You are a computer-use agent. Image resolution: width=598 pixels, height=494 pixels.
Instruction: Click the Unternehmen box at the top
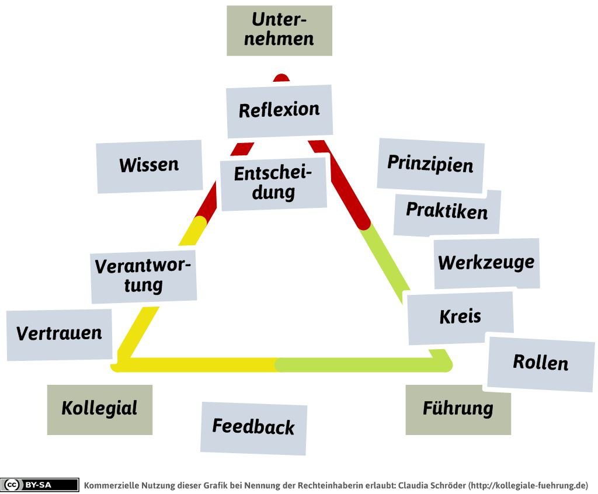[x=279, y=30]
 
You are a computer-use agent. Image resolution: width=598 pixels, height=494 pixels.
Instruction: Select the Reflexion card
[x=279, y=110]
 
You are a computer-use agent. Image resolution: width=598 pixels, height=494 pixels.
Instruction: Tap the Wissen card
[x=149, y=166]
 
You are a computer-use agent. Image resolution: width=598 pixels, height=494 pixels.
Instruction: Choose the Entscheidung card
[x=273, y=183]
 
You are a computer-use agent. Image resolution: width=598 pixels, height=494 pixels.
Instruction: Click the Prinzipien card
[x=430, y=165]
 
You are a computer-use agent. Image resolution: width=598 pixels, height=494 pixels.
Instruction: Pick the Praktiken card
[x=447, y=211]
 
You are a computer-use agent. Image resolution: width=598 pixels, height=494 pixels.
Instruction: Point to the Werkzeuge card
[x=486, y=263]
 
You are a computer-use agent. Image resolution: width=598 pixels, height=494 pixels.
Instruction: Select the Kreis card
[x=460, y=317]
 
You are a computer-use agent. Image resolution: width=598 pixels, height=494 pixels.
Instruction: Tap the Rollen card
[x=540, y=363]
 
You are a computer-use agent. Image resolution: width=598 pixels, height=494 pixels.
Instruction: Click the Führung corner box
[x=458, y=409]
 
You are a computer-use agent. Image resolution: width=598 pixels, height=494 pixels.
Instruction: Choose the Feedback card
[x=253, y=427]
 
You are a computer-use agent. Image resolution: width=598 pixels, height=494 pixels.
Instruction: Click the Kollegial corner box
[x=99, y=409]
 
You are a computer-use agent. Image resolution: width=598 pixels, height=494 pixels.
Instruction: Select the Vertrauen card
[x=59, y=334]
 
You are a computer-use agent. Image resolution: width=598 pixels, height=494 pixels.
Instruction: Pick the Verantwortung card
[x=144, y=276]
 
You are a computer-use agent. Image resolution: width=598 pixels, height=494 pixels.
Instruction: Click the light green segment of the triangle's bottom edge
[x=362, y=365]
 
